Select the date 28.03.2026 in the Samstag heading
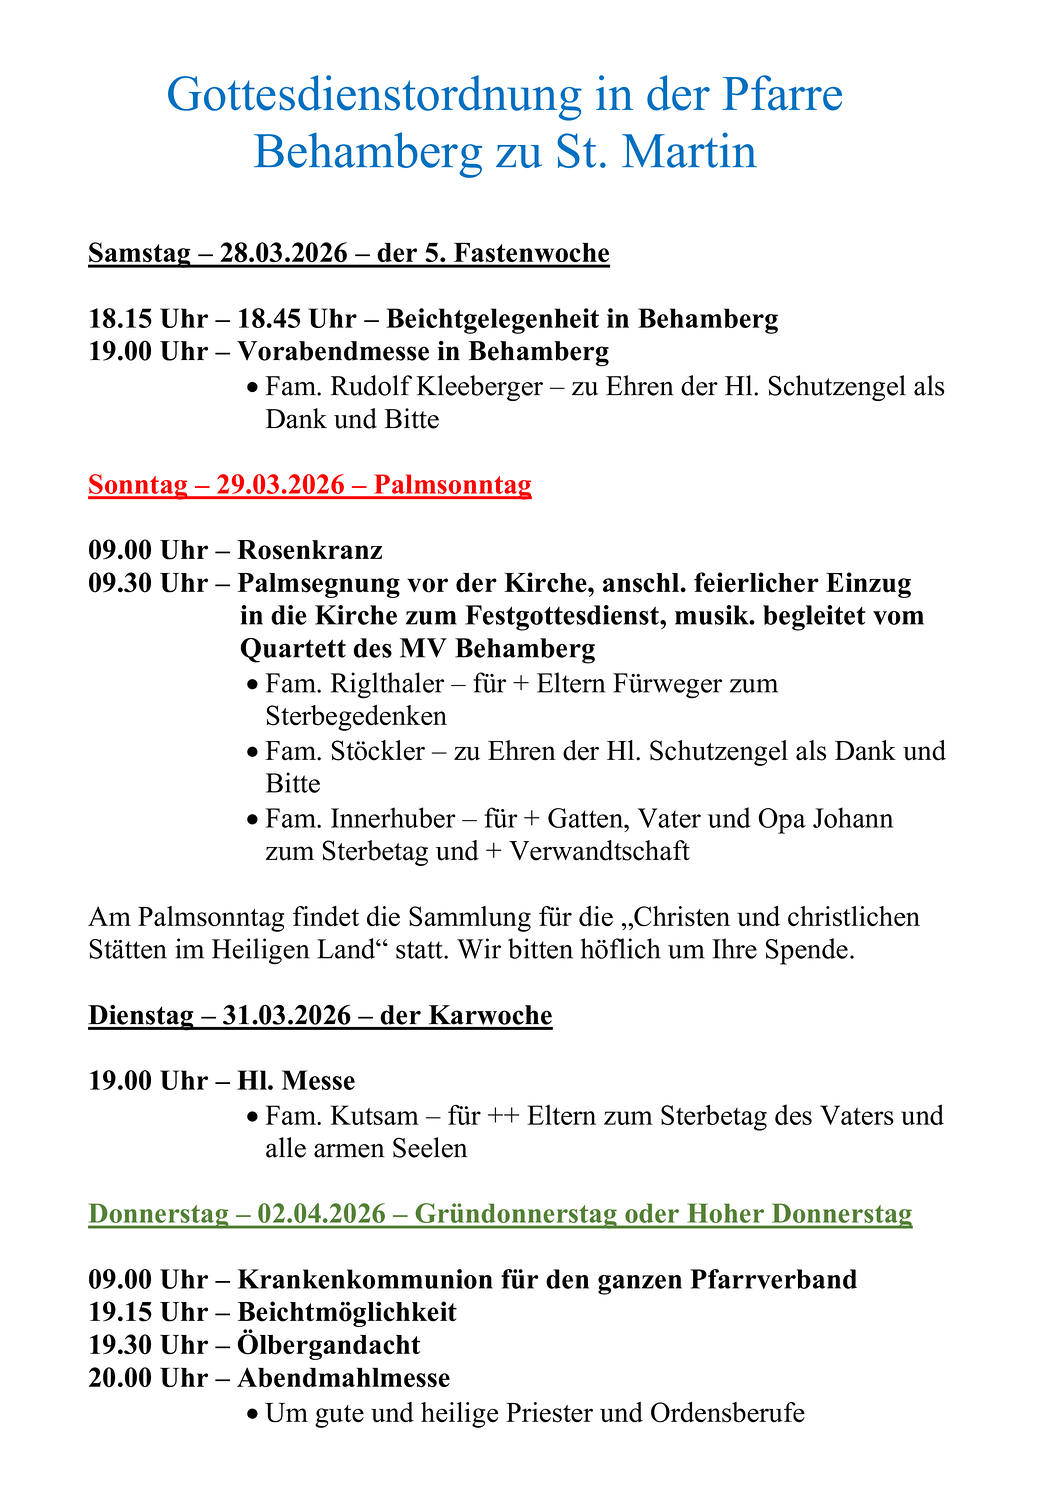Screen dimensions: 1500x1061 [284, 253]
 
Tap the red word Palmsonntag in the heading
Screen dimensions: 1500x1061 [453, 485]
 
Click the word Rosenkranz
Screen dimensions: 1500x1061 [310, 550]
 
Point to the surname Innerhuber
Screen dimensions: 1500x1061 [392, 819]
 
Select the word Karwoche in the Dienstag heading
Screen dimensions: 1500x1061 [490, 1016]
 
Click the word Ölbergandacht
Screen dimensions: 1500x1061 [329, 1345]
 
